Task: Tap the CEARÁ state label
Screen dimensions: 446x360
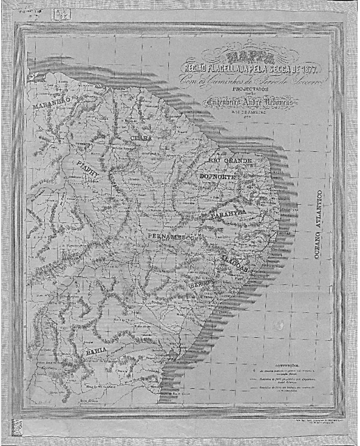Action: pos(141,139)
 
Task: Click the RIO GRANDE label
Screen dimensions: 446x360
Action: pos(225,160)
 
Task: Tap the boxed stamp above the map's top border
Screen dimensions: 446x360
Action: pos(63,13)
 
